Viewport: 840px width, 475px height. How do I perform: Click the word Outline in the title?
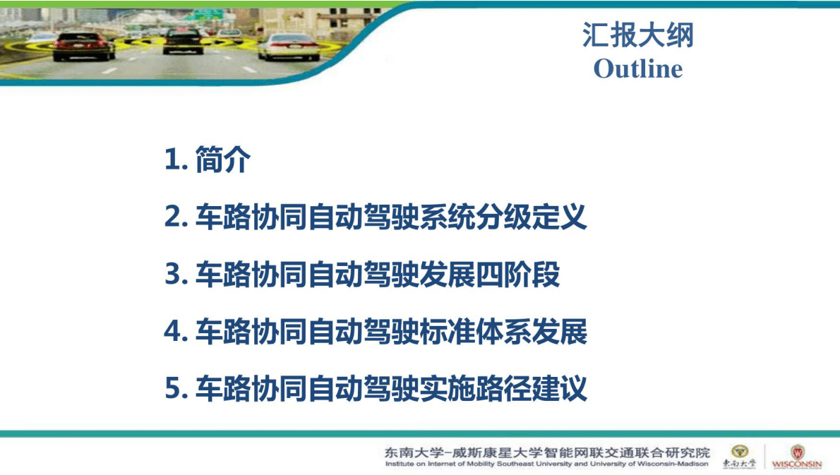tap(637, 69)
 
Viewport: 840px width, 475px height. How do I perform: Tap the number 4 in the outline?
tap(173, 332)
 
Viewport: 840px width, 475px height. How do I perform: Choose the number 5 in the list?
tap(173, 389)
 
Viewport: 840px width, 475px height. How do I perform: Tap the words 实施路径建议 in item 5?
tap(503, 389)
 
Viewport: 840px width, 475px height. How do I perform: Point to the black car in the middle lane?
tap(183, 40)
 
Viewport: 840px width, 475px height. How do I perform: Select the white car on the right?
tap(288, 46)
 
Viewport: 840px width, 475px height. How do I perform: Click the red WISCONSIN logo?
tap(797, 457)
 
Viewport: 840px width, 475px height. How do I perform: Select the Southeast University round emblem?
tap(739, 452)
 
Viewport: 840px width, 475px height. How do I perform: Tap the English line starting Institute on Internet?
tap(546, 464)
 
